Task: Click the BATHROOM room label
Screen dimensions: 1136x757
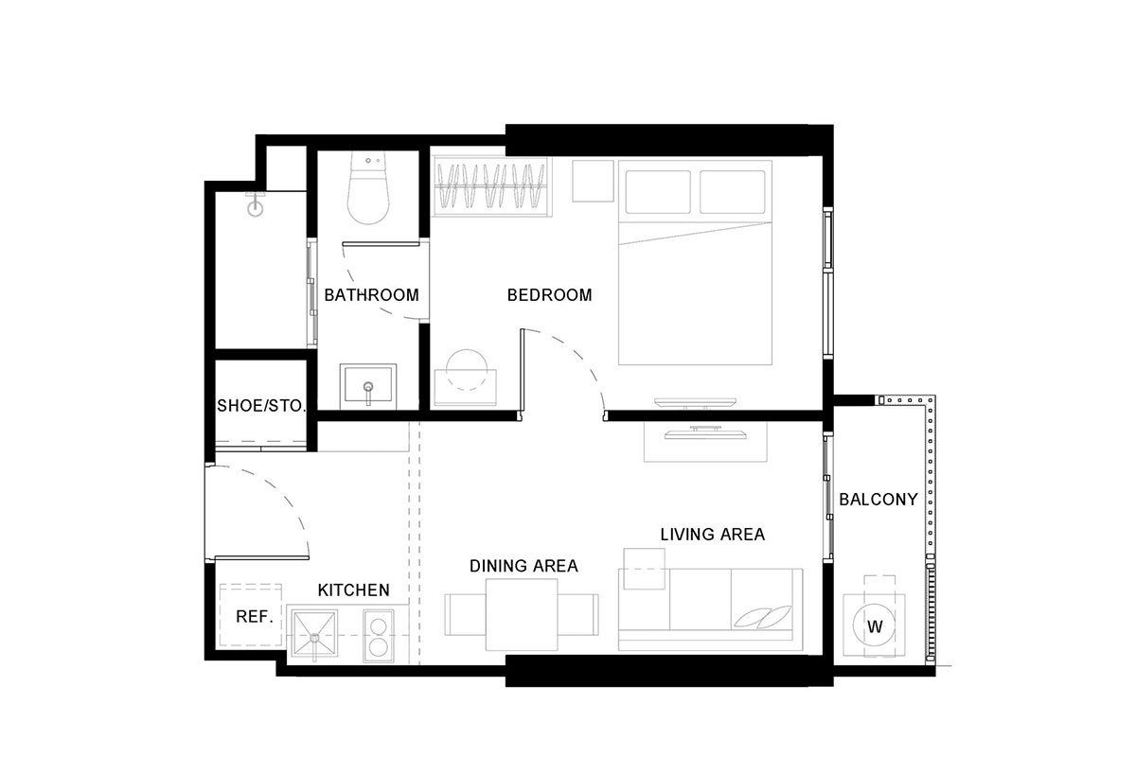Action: pyautogui.click(x=371, y=294)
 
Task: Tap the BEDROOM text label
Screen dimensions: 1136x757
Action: pyautogui.click(x=549, y=294)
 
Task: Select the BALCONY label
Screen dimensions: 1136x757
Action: pyautogui.click(x=878, y=500)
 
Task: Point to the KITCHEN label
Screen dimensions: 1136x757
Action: pyautogui.click(x=353, y=590)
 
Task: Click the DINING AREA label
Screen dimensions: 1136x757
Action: pyautogui.click(x=524, y=566)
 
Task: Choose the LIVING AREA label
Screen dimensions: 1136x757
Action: pyautogui.click(x=713, y=534)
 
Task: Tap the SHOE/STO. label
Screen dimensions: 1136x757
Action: pyautogui.click(x=261, y=406)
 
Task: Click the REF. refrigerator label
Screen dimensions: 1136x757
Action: pyautogui.click(x=255, y=617)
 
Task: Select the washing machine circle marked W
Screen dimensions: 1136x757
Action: pyautogui.click(x=875, y=626)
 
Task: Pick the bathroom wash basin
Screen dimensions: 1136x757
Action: pyautogui.click(x=368, y=386)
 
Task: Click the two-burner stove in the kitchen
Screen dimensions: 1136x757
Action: pyautogui.click(x=379, y=635)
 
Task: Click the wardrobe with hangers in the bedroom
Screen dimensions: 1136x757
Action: pyautogui.click(x=491, y=186)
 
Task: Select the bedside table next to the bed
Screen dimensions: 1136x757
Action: pyautogui.click(x=593, y=181)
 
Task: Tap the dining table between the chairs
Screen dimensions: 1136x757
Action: pyautogui.click(x=522, y=614)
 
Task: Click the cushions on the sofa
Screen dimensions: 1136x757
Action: pyautogui.click(x=763, y=617)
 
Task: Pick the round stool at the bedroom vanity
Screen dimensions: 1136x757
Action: pyautogui.click(x=467, y=370)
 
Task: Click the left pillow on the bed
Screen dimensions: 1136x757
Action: pyautogui.click(x=658, y=192)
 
